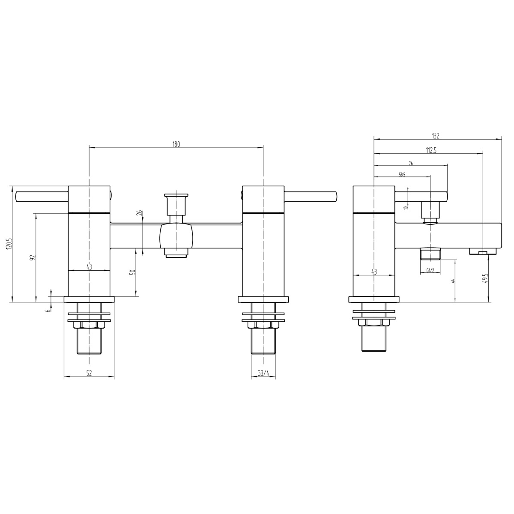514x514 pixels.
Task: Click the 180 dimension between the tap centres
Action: point(176,144)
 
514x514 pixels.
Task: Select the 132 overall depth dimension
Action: point(436,136)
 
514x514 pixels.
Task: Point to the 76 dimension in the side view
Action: point(410,163)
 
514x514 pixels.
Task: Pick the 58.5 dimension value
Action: point(402,174)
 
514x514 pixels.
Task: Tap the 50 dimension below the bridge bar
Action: point(133,272)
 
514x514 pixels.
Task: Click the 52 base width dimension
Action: point(89,373)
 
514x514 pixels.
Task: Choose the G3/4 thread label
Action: point(263,373)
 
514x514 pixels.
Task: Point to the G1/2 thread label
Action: point(430,270)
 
